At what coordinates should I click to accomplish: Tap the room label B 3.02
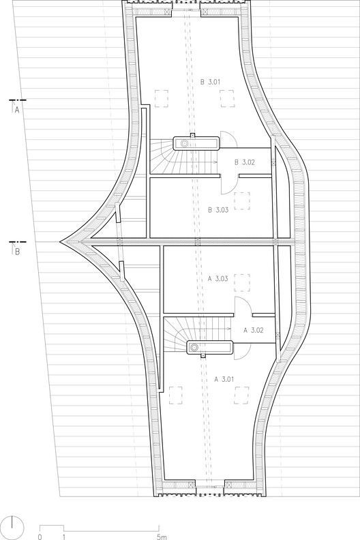click(244, 162)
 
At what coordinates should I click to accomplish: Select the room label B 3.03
click(216, 210)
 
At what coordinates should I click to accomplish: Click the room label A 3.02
click(253, 329)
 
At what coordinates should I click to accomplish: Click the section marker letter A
click(16, 110)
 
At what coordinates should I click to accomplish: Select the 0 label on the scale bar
click(40, 537)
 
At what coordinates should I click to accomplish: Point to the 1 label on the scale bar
click(63, 537)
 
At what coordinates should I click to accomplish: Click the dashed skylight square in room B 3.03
click(241, 200)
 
